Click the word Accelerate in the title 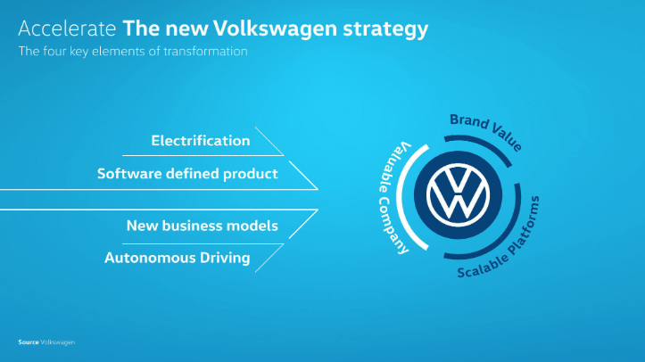point(67,29)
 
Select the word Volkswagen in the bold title point(275,29)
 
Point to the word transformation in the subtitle point(206,52)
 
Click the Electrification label point(201,141)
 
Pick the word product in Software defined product point(251,174)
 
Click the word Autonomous point(150,258)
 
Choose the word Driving point(225,259)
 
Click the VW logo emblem point(458,195)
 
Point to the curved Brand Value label point(486,131)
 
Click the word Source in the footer point(29,342)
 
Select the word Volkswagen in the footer point(58,342)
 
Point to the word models point(252,226)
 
